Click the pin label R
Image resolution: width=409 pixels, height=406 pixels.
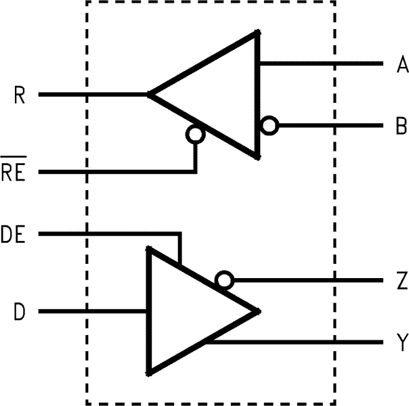tap(20, 95)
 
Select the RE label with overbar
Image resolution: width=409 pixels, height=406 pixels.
tap(14, 173)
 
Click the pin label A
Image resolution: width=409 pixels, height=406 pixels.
tap(402, 65)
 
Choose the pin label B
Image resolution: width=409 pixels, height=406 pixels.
tap(402, 126)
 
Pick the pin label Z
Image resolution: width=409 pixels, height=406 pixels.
tap(402, 281)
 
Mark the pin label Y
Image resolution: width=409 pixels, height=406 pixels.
tap(402, 343)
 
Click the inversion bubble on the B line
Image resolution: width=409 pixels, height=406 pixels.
tap(270, 126)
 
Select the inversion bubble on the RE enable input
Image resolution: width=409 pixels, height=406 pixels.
tap(196, 135)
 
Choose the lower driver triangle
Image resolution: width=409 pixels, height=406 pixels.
tap(190, 311)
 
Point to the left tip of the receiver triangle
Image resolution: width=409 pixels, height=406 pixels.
tap(150, 95)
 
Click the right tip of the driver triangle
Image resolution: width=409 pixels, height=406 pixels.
tap(259, 312)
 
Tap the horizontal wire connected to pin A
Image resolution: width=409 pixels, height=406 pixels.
tap(318, 64)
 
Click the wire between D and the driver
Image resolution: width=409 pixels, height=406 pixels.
tap(95, 312)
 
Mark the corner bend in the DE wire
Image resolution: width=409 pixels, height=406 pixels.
tap(179, 235)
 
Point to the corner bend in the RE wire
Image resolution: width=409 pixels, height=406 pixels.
tap(196, 172)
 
